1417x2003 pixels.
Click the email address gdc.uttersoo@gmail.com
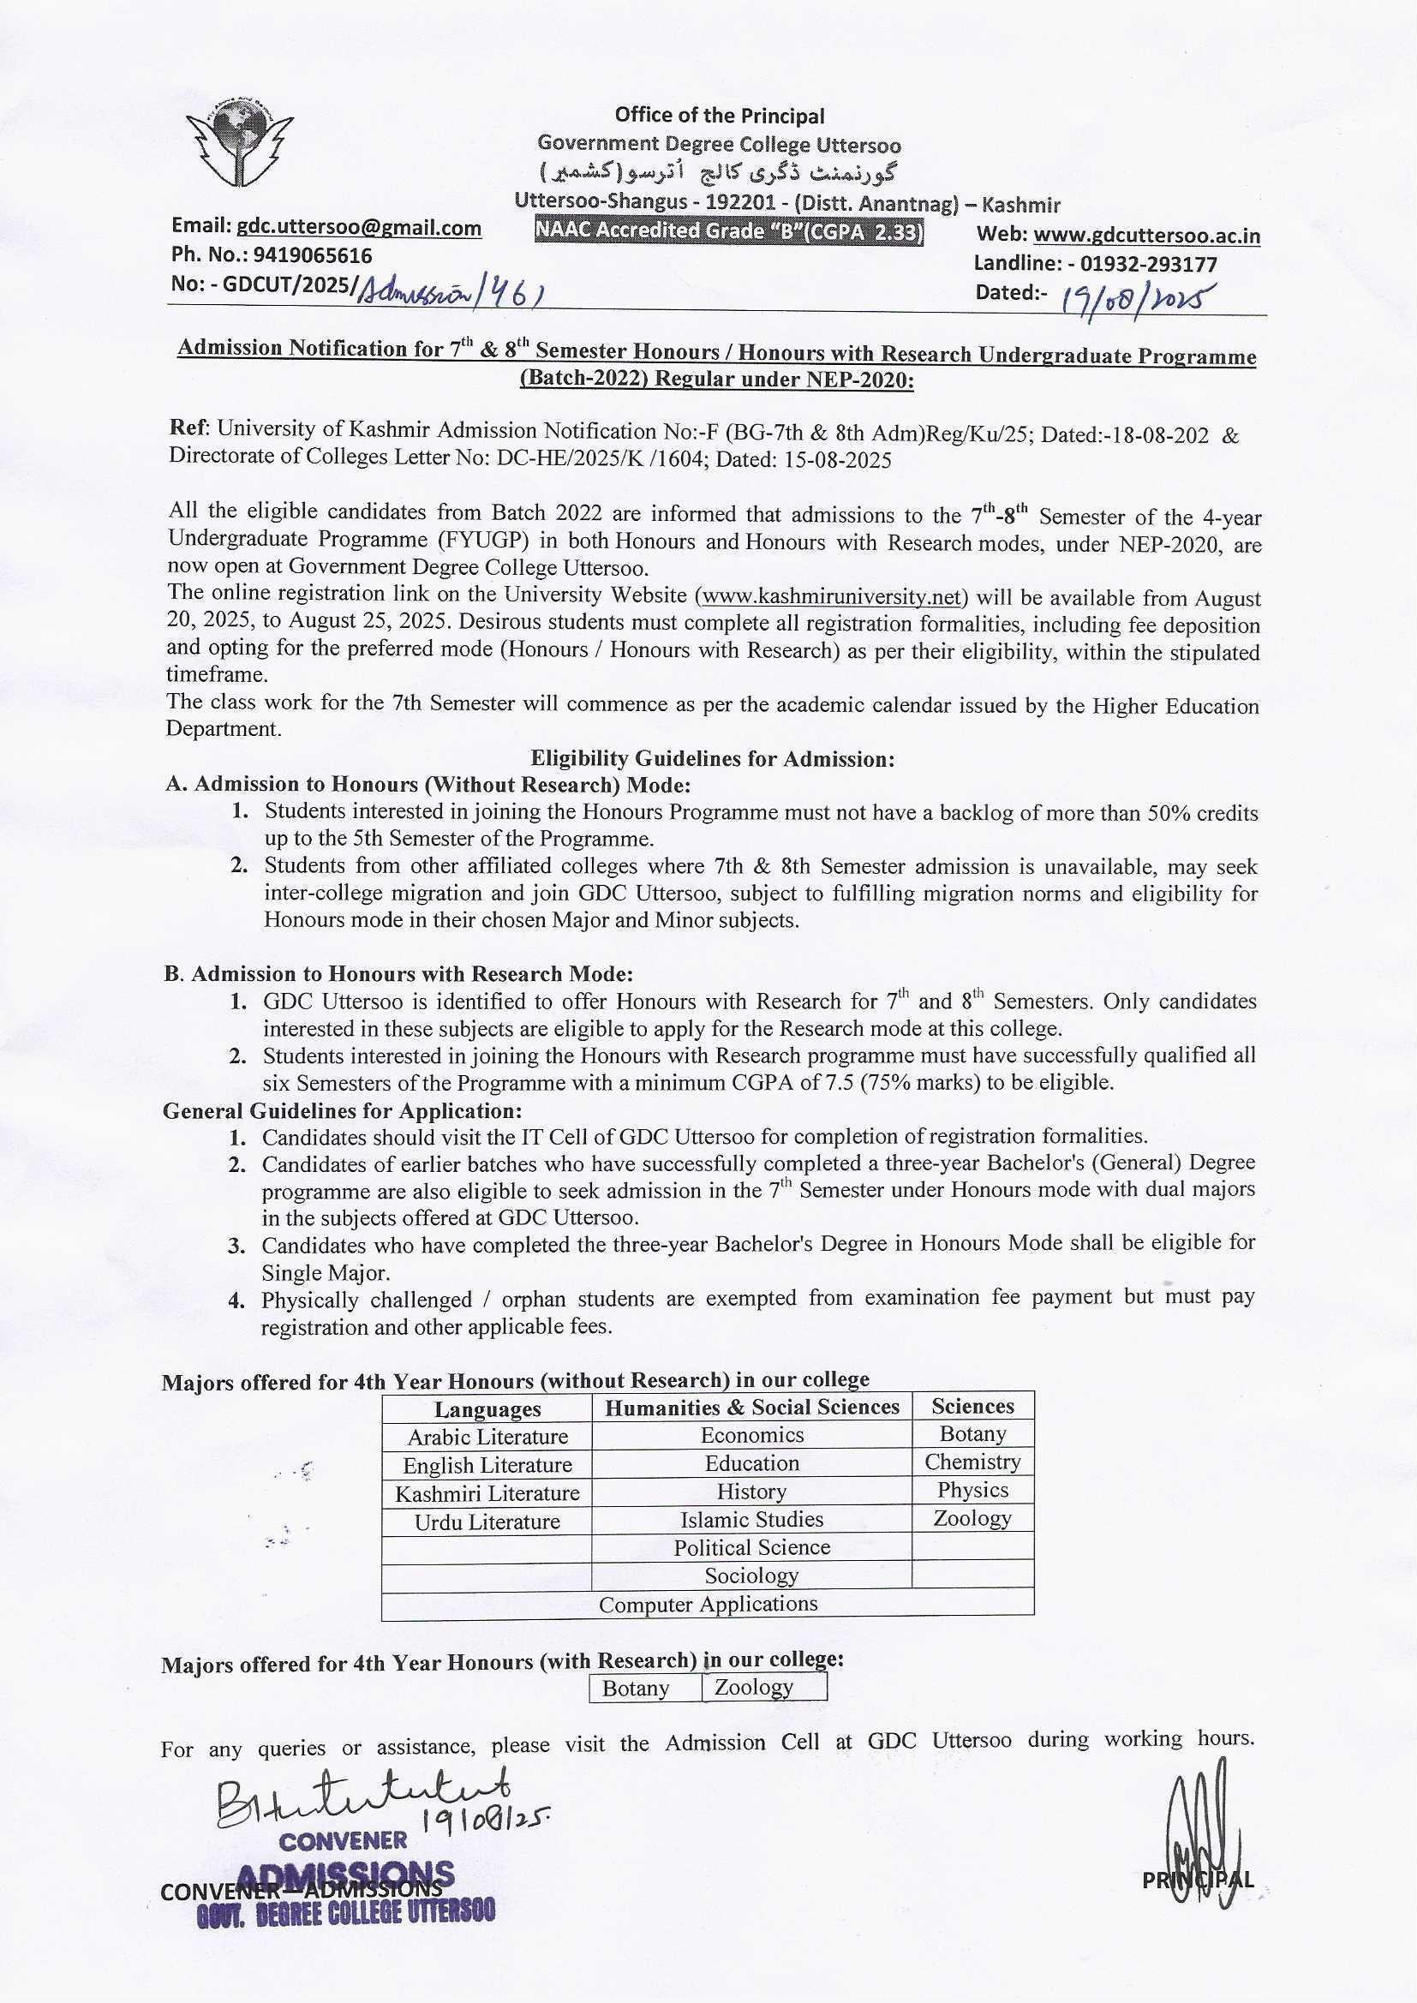tap(359, 228)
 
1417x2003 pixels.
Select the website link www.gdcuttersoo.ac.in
tap(1146, 236)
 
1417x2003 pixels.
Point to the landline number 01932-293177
tap(1148, 264)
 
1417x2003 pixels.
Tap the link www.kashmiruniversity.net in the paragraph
tap(831, 597)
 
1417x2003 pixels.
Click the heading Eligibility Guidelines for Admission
tap(713, 759)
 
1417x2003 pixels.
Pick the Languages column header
tap(487, 1409)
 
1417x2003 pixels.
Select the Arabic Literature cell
tap(487, 1437)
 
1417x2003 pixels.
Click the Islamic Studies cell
tap(751, 1520)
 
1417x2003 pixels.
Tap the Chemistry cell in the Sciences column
tap(972, 1462)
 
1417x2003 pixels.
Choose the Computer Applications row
tap(708, 1605)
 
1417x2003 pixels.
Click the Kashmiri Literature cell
tap(487, 1493)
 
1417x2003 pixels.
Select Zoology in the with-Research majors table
tap(753, 1687)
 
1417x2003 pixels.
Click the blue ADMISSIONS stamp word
tap(345, 1875)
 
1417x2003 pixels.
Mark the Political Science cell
tap(751, 1547)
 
